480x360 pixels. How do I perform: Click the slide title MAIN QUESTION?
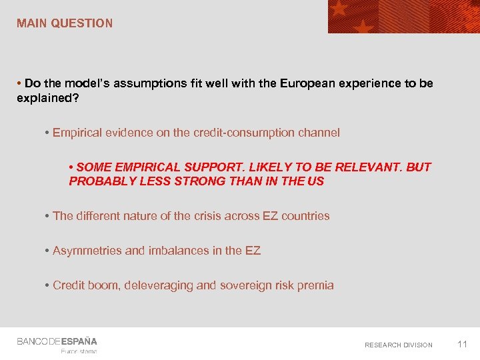(x=65, y=23)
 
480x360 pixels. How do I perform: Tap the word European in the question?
(x=305, y=83)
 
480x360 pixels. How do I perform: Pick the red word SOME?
(x=91, y=167)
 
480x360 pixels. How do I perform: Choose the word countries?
(x=305, y=216)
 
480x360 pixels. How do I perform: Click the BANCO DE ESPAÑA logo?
(x=57, y=342)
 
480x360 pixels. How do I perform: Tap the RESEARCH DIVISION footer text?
(x=398, y=345)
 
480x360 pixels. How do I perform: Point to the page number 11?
(x=462, y=344)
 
